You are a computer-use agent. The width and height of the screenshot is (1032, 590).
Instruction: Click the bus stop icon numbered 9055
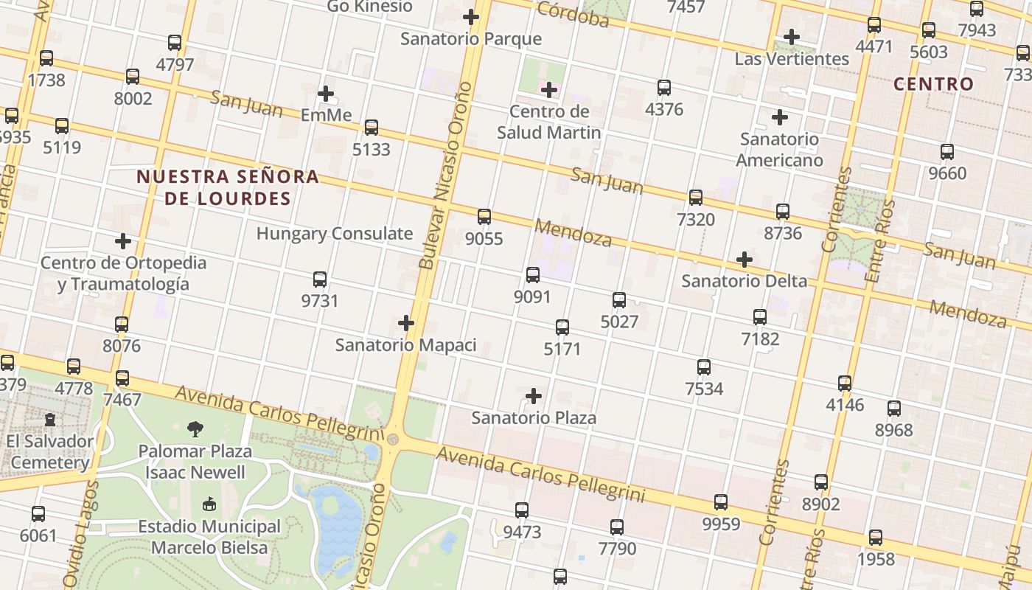pyautogui.click(x=484, y=217)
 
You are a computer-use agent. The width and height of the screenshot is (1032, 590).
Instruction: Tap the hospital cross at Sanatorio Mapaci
pyautogui.click(x=406, y=323)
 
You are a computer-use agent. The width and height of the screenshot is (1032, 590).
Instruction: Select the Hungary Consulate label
pyautogui.click(x=335, y=234)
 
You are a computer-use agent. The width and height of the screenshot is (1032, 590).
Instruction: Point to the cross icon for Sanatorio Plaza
pyautogui.click(x=534, y=396)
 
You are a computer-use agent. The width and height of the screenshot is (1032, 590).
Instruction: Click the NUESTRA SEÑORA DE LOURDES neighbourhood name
pyautogui.click(x=228, y=187)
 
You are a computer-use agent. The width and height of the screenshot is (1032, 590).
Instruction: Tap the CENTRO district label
pyautogui.click(x=934, y=84)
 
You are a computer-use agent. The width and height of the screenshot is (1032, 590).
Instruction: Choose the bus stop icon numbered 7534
pyautogui.click(x=704, y=367)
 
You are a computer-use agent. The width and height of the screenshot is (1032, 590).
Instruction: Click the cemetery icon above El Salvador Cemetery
pyautogui.click(x=50, y=420)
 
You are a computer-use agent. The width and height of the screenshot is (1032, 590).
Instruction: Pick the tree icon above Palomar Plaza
pyautogui.click(x=195, y=428)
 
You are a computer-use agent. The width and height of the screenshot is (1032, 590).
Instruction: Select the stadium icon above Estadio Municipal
pyautogui.click(x=209, y=504)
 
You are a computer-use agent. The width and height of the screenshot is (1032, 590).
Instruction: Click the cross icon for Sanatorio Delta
pyautogui.click(x=745, y=260)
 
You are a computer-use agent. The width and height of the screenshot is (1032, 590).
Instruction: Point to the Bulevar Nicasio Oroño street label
pyautogui.click(x=444, y=176)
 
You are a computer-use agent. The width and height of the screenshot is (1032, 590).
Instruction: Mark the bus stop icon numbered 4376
pyautogui.click(x=664, y=88)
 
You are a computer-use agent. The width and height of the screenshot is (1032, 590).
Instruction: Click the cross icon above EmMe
pyautogui.click(x=326, y=94)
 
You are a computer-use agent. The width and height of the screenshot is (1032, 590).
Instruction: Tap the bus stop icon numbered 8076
pyautogui.click(x=122, y=324)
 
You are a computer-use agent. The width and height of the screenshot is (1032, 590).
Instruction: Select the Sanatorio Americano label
pyautogui.click(x=779, y=150)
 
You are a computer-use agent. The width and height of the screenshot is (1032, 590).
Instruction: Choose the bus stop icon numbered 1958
pyautogui.click(x=876, y=538)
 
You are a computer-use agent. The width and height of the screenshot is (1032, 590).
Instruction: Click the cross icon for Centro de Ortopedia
pyautogui.click(x=123, y=241)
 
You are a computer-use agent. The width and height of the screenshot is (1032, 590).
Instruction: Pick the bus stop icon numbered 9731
pyautogui.click(x=320, y=280)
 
